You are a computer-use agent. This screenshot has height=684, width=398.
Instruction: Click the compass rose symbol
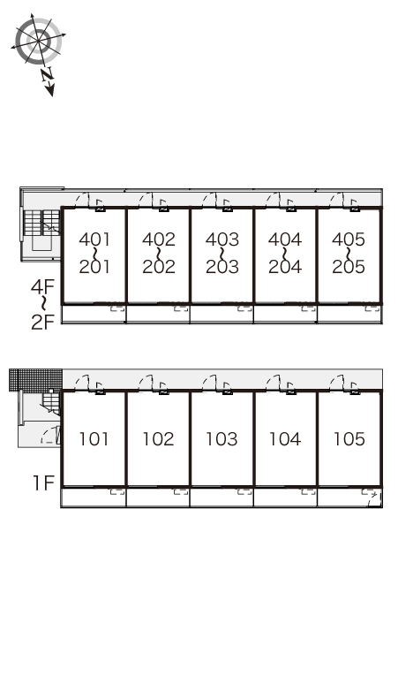[x=39, y=41]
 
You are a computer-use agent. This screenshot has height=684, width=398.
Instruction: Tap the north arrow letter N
[x=47, y=75]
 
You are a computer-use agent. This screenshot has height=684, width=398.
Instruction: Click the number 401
[x=94, y=239]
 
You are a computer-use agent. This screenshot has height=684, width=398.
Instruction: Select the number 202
[x=159, y=267]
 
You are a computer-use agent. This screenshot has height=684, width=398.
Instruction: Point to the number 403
[x=222, y=239]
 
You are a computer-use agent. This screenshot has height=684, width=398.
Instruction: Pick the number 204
[x=285, y=267]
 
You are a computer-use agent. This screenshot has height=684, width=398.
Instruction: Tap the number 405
[x=349, y=239]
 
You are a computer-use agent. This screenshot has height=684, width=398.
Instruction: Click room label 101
[x=94, y=439]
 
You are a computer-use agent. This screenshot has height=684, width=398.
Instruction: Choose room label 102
[x=159, y=439]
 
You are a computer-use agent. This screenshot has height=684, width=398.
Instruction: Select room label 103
[x=222, y=439]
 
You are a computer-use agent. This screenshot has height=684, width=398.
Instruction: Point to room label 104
[x=285, y=439]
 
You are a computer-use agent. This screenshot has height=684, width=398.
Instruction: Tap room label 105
[x=349, y=439]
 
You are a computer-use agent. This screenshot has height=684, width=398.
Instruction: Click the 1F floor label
[x=43, y=483]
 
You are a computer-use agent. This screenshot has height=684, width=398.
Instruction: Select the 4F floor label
[x=42, y=286]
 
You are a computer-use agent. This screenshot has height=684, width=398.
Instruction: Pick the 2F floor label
[x=42, y=322]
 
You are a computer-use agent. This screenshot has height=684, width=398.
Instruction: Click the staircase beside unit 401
[x=41, y=223]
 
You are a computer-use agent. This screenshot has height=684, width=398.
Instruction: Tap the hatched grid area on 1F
[x=35, y=380]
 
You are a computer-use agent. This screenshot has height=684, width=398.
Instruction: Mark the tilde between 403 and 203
[x=222, y=253]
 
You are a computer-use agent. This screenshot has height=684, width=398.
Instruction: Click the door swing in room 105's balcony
[x=374, y=498]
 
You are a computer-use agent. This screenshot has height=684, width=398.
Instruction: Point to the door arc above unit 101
[x=81, y=382]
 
